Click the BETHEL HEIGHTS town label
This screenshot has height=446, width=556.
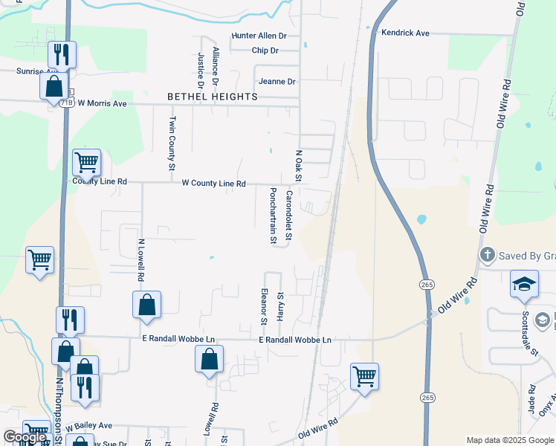213,97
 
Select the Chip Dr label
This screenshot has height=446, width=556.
265,51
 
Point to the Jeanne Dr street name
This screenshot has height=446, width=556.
277,81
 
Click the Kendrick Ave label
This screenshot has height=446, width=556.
405,33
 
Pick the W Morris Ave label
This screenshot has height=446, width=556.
103,103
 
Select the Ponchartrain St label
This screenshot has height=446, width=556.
273,216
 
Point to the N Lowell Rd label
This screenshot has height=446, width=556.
140,259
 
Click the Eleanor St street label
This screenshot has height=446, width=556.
264,306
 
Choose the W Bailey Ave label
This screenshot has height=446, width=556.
88,426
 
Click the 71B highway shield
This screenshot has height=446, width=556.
68,103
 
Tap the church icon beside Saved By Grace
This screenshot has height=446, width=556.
487,255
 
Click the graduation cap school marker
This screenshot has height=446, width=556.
524,285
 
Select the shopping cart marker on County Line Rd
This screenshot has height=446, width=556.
86,161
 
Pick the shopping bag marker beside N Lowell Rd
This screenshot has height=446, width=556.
147,305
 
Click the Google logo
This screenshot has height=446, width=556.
25,437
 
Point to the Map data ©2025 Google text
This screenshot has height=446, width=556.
511,440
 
